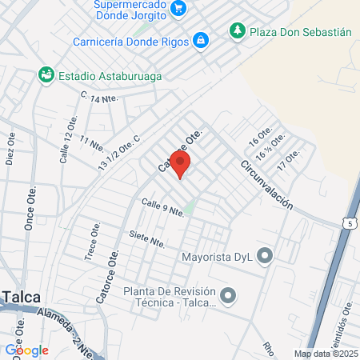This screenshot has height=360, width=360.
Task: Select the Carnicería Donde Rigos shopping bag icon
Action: click(x=201, y=39)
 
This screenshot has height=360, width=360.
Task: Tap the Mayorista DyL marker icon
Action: click(x=266, y=256)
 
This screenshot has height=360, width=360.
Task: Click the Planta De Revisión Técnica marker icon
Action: click(x=229, y=297)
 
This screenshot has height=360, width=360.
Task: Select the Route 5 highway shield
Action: click(x=350, y=223)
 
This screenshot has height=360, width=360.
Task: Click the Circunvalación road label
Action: click(x=266, y=185)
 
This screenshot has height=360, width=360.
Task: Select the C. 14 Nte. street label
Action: click(x=100, y=98)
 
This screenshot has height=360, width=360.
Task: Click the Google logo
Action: click(x=26, y=350)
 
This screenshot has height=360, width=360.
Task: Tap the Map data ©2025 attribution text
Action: click(x=326, y=354)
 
